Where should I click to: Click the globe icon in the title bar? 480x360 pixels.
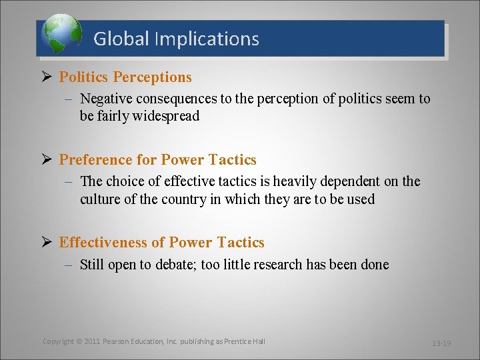(x=61, y=35)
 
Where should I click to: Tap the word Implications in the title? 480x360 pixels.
(x=207, y=39)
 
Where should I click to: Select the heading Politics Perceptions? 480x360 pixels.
(x=125, y=77)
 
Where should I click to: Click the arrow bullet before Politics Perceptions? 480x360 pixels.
(x=47, y=77)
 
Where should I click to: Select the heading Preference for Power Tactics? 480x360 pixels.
(x=157, y=160)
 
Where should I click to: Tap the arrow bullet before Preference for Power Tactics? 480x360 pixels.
(x=47, y=160)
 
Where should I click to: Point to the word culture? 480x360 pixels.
(x=101, y=199)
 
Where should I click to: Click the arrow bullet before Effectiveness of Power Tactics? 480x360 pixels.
(x=47, y=243)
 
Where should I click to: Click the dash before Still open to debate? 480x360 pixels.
(x=70, y=265)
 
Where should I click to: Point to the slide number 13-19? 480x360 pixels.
(x=441, y=343)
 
